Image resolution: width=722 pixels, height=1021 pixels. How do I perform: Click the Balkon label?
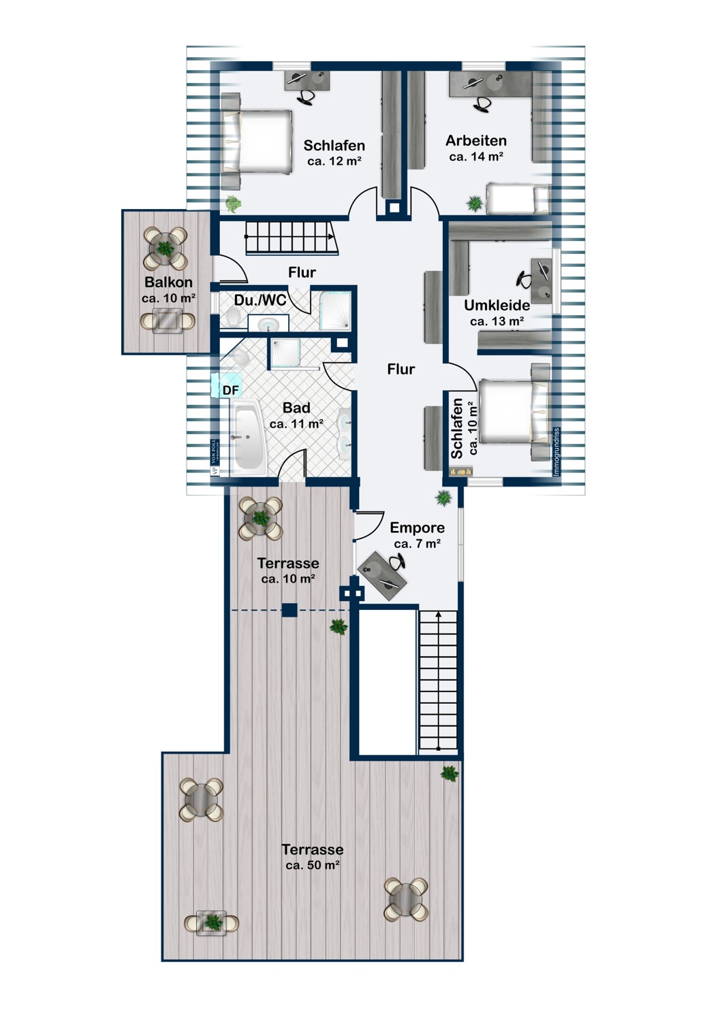168,282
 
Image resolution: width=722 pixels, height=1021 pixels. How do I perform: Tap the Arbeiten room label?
476,141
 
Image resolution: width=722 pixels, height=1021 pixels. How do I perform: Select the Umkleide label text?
497,305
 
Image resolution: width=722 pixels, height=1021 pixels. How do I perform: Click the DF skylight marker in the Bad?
231,390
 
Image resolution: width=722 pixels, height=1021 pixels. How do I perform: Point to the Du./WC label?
260,300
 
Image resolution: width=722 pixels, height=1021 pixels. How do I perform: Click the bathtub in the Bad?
247,439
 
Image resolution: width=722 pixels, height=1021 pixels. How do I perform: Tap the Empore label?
417,528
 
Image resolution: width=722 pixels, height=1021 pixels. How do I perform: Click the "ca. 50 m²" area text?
313,866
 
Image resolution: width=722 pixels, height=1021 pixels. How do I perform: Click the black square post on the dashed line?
289,611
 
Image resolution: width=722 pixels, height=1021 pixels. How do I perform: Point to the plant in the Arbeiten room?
474,203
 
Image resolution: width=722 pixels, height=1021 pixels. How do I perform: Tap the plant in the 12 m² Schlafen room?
233,203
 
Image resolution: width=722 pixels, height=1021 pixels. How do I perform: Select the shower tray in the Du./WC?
334,309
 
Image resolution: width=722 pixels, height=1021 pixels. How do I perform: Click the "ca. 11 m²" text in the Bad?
296,424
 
